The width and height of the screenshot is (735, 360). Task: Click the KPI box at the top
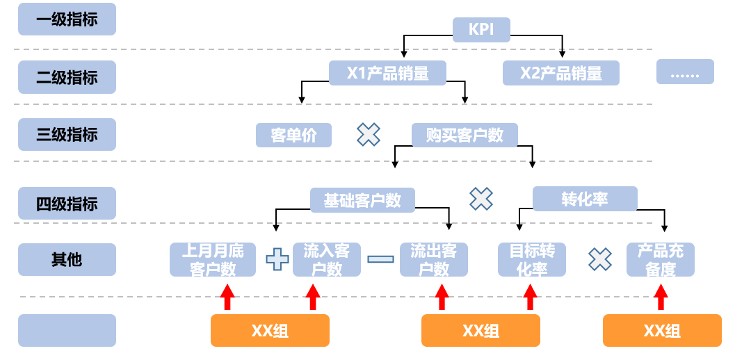tap(482, 29)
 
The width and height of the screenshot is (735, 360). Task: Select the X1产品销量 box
tap(387, 72)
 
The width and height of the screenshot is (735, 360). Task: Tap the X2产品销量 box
tap(560, 72)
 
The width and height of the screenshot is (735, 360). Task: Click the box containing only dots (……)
tap(685, 72)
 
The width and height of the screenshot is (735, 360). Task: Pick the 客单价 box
tap(293, 135)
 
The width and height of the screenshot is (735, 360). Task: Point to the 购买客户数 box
tap(465, 135)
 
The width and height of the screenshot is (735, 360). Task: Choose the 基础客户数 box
tap(362, 200)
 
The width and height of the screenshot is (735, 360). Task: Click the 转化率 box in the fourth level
tap(584, 199)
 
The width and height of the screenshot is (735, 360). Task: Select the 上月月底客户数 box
tap(212, 259)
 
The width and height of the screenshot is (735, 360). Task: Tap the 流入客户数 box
tap(326, 259)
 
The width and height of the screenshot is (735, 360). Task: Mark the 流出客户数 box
tap(433, 259)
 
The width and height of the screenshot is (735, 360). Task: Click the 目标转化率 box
tap(532, 259)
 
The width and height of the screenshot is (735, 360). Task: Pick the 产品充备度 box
tap(660, 259)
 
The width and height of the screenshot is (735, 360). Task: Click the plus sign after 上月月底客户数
tap(277, 259)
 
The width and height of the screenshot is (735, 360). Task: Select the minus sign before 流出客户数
tap(380, 259)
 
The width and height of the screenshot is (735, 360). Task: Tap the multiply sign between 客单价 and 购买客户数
tap(369, 135)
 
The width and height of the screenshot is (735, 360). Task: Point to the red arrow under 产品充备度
tap(661, 297)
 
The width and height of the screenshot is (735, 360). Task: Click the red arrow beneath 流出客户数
tap(442, 297)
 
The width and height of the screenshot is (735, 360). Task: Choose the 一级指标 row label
tap(67, 19)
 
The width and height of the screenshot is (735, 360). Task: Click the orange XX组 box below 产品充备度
tap(661, 330)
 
